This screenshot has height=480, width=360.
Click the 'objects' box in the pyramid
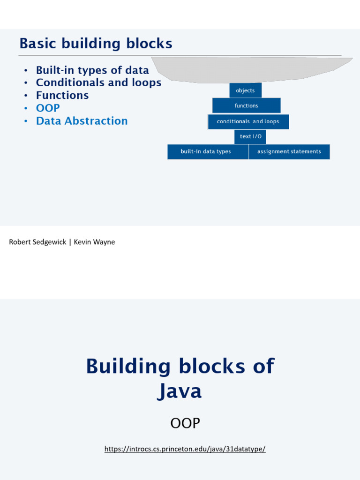(245, 90)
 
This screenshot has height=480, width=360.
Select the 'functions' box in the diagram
(246, 105)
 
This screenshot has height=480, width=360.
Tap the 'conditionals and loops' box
(248, 121)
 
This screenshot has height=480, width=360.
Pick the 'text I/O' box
(250, 136)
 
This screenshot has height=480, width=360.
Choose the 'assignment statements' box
(289, 151)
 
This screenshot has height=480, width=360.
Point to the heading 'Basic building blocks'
(96, 44)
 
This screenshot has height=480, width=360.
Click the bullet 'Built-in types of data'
(92, 70)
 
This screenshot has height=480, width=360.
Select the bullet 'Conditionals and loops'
(98, 82)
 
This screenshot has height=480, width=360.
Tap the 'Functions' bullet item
(62, 95)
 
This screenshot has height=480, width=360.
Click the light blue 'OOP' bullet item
(48, 108)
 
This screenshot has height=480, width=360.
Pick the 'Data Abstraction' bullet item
(82, 121)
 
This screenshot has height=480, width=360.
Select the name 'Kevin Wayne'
(94, 242)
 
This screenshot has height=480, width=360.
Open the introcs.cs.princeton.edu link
(185, 449)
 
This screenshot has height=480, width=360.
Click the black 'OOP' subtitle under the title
(185, 423)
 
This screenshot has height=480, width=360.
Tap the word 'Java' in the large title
(180, 391)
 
